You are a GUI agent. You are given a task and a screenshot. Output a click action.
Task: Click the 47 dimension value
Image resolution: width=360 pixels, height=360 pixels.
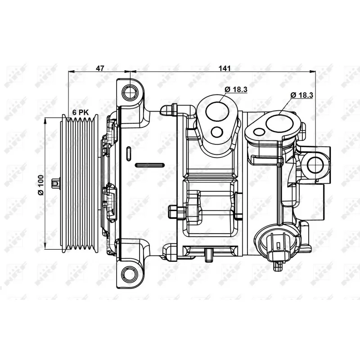point(100,68)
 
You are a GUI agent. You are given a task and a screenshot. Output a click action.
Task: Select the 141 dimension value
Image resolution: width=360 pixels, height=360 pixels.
point(225,68)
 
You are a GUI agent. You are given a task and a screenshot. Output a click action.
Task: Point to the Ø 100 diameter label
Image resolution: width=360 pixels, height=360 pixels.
point(40,184)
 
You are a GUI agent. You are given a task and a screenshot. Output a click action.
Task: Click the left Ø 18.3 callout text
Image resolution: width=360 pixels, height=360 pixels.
point(235,89)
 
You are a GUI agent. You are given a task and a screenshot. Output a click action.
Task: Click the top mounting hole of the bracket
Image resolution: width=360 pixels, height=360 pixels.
point(130,93)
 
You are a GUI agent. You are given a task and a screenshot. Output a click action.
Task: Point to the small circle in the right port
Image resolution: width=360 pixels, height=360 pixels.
point(258,132)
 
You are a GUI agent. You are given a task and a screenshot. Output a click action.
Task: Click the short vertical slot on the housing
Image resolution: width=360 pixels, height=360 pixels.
point(129,153)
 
